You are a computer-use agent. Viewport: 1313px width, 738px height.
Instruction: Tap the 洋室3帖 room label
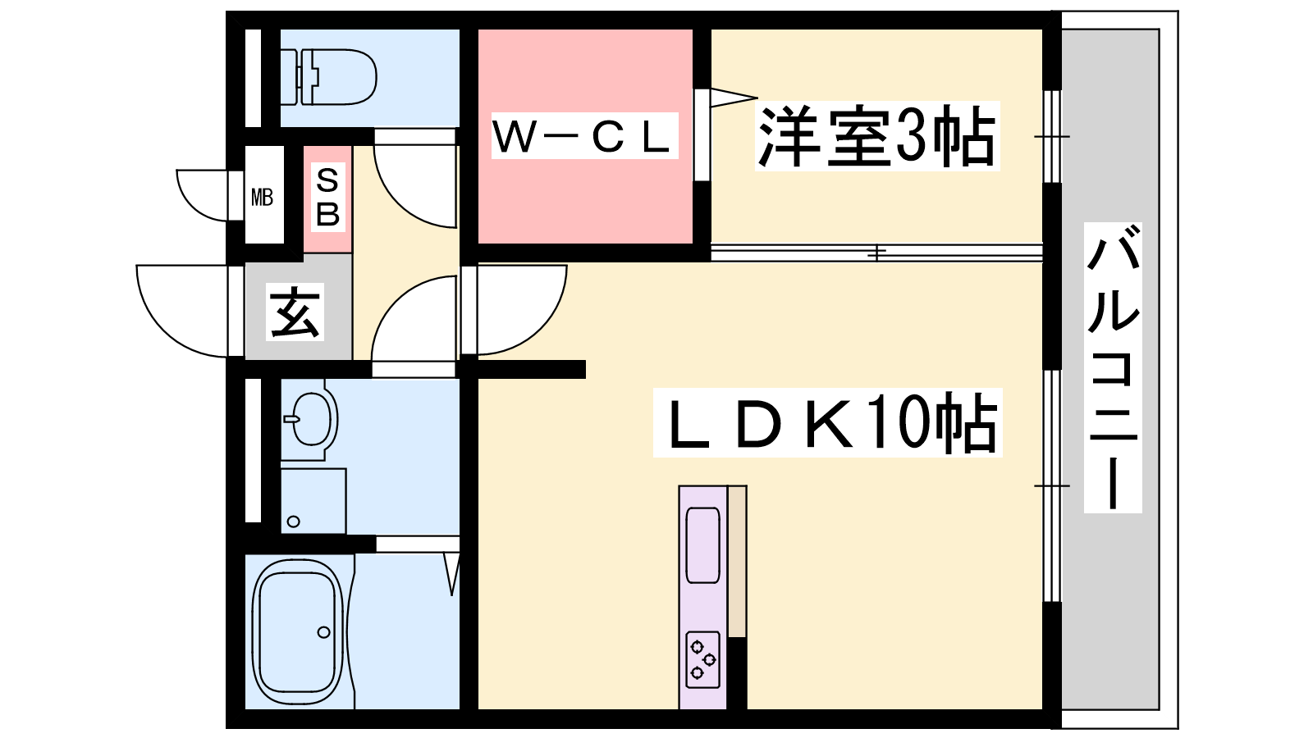(x=877, y=136)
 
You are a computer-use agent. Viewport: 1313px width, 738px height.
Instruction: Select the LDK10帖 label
(x=828, y=423)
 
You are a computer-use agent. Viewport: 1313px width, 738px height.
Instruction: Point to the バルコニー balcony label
(x=1113, y=368)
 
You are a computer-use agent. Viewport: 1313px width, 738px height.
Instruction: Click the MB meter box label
(x=262, y=198)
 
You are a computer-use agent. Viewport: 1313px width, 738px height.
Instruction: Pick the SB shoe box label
(x=327, y=198)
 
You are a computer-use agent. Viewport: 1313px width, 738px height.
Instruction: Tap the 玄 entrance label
(x=295, y=312)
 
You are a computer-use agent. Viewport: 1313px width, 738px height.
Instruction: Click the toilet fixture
(x=328, y=77)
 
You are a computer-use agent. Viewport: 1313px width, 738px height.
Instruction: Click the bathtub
(x=299, y=632)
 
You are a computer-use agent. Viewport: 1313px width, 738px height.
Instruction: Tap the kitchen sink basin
(x=702, y=544)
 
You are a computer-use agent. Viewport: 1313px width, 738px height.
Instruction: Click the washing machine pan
(x=313, y=501)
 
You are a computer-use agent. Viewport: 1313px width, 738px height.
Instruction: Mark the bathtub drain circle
(x=323, y=632)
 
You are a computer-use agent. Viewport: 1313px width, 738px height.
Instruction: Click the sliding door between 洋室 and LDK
(x=877, y=253)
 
